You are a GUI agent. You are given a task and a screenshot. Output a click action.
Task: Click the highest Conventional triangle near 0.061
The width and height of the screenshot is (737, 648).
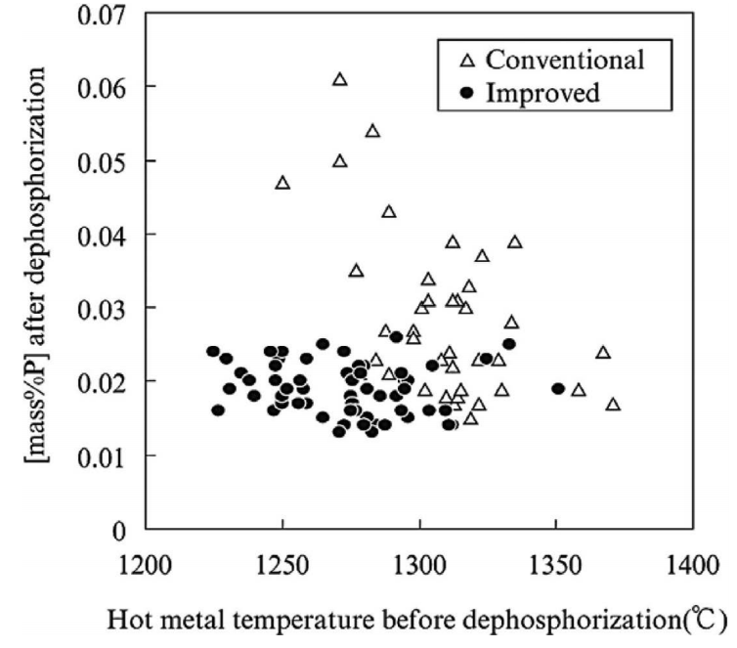pyautogui.click(x=340, y=79)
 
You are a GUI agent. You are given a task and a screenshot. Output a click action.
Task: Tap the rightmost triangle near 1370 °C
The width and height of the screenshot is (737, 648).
pyautogui.click(x=613, y=404)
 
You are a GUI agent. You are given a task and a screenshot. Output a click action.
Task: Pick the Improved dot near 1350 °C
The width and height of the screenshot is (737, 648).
pyautogui.click(x=558, y=388)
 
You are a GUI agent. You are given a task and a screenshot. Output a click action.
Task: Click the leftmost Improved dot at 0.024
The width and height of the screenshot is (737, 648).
pyautogui.click(x=213, y=352)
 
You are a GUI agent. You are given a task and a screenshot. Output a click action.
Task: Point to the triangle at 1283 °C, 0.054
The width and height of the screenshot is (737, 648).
pyautogui.click(x=372, y=131)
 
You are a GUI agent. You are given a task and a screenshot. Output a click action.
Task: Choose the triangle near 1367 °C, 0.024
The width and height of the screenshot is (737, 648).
pyautogui.click(x=603, y=352)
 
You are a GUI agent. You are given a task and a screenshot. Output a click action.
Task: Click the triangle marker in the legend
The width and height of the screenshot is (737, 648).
pyautogui.click(x=466, y=61)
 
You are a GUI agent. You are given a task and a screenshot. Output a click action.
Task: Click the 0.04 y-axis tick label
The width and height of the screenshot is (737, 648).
pyautogui.click(x=103, y=235)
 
